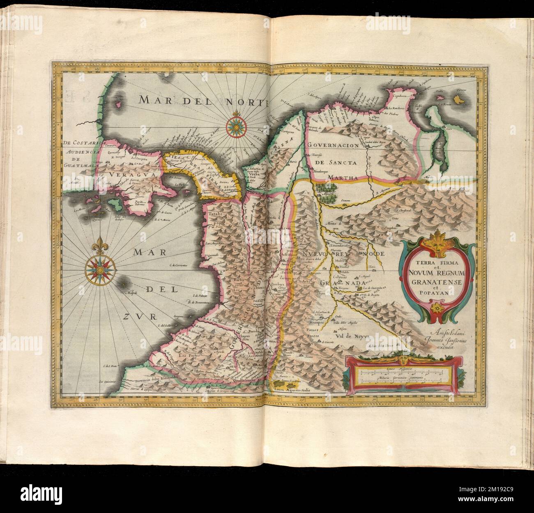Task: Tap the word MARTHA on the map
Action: tap(346, 178)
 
